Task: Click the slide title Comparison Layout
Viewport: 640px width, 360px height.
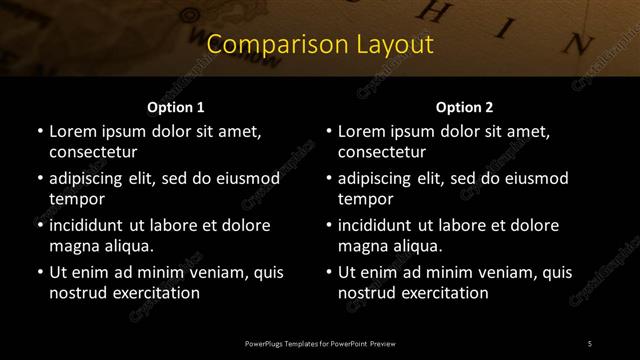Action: point(320,45)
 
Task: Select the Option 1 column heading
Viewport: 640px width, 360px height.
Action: point(176,107)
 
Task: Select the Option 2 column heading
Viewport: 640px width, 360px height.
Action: point(465,107)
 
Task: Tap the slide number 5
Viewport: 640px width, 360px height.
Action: point(590,344)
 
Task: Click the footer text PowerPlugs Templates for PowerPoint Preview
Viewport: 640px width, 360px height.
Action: point(320,344)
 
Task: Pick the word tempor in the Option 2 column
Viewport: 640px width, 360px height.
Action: point(366,199)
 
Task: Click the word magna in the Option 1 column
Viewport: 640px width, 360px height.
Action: point(72,246)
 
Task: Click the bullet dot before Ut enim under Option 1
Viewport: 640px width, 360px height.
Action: point(39,272)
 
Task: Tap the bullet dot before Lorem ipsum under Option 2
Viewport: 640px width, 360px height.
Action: point(328,131)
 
